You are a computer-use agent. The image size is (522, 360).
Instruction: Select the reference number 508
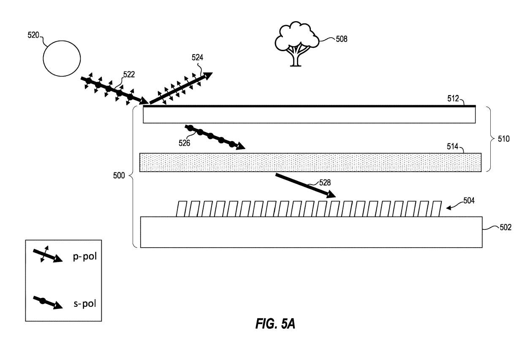pyautogui.click(x=342, y=39)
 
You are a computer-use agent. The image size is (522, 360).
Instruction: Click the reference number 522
pyautogui.click(x=129, y=74)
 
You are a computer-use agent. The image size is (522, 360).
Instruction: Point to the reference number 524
pyautogui.click(x=197, y=58)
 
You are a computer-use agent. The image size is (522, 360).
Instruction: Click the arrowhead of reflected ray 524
pyautogui.click(x=207, y=76)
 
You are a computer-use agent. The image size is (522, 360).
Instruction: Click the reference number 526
pyautogui.click(x=184, y=143)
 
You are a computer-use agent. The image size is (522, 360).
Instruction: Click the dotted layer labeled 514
pyautogui.click(x=310, y=162)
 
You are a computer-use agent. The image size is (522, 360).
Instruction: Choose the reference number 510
pyautogui.click(x=503, y=138)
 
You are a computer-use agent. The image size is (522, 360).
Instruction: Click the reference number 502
pyautogui.click(x=505, y=227)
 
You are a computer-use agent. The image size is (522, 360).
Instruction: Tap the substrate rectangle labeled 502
pyautogui.click(x=311, y=232)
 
